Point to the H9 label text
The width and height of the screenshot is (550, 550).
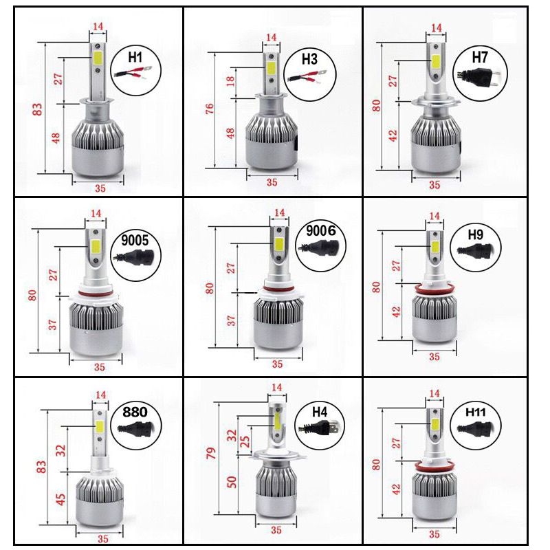(475, 234)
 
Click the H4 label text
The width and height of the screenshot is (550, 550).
(320, 412)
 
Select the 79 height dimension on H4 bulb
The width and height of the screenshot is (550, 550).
(211, 454)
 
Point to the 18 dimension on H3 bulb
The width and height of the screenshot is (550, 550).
(232, 81)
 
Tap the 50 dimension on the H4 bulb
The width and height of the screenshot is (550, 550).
(232, 481)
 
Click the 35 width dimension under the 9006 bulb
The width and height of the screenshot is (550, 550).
(278, 364)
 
